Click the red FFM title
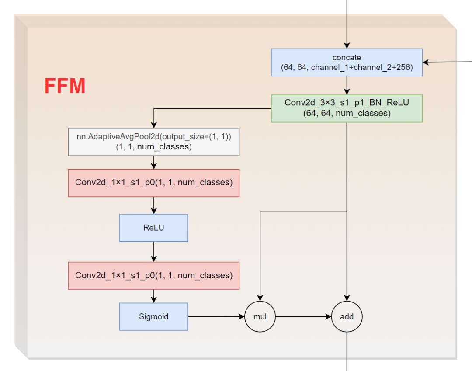coord(65,86)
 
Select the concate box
coord(347,62)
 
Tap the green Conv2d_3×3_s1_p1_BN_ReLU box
coord(347,108)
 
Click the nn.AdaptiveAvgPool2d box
coord(153,142)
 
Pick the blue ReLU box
coord(153,228)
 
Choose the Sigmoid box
coord(153,316)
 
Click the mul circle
coord(260,316)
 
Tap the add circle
coord(347,316)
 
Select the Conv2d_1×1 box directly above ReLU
coord(153,183)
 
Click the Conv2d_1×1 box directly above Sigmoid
coord(153,275)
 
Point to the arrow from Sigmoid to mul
coord(216,316)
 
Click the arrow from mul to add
coord(303,316)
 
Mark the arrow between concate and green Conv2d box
coord(347,86)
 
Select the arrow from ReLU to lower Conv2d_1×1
coord(153,252)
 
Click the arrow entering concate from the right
coord(446,62)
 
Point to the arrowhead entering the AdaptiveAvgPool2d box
coord(153,125)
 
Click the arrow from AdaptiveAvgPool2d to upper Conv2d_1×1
coord(153,163)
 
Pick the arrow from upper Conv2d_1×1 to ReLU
coord(153,205)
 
